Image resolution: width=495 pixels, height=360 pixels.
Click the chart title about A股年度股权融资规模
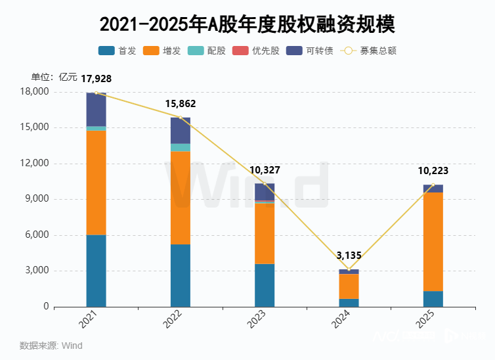[x=247, y=24]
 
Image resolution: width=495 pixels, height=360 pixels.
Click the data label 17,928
[x=96, y=79]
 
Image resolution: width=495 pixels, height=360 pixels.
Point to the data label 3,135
[x=349, y=256]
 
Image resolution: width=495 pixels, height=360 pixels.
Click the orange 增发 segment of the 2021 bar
[x=96, y=183]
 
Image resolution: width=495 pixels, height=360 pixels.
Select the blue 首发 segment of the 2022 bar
[x=181, y=275]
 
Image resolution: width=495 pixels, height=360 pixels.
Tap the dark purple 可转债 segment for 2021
[x=96, y=109]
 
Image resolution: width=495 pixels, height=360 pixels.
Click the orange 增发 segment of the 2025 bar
[x=433, y=241]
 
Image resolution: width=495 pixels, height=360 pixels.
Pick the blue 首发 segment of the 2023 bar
[x=265, y=285]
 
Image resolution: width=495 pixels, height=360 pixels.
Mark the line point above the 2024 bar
[x=349, y=269]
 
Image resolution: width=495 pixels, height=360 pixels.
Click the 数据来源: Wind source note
[x=51, y=346]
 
